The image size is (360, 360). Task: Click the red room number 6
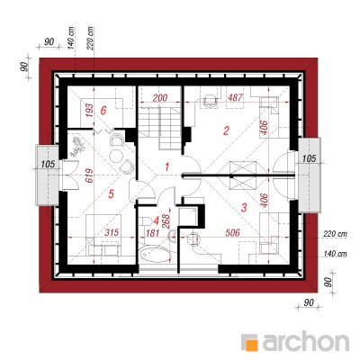click(x=103, y=111)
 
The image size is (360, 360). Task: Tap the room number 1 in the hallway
click(x=167, y=166)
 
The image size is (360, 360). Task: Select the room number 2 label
click(x=226, y=130)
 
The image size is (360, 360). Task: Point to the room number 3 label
click(x=244, y=207)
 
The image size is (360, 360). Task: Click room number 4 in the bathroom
click(x=156, y=221)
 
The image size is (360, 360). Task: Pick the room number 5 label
click(x=111, y=193)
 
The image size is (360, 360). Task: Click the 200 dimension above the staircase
click(x=160, y=98)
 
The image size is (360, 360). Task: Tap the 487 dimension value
click(x=235, y=97)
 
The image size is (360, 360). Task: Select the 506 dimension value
click(x=232, y=232)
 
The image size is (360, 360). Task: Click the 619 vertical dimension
click(x=89, y=176)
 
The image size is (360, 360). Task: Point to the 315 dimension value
click(x=112, y=232)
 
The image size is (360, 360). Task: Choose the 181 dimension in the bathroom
click(x=153, y=233)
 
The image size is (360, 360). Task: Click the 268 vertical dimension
click(x=166, y=221)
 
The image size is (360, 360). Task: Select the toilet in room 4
click(x=146, y=221)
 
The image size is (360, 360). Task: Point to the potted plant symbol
click(x=77, y=147)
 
